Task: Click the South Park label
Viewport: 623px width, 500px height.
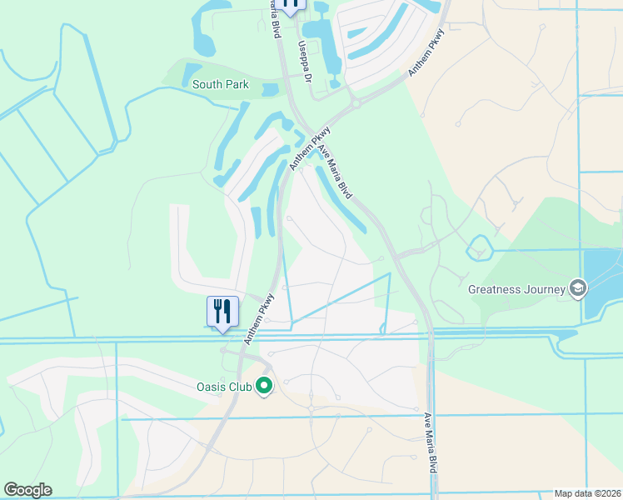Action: [221, 84]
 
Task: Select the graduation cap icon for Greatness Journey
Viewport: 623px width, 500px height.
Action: [577, 288]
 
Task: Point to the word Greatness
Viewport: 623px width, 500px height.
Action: [496, 290]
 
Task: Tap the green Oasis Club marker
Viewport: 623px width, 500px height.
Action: [265, 386]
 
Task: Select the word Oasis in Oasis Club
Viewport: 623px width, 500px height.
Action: [211, 386]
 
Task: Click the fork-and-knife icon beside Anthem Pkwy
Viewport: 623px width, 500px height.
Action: [222, 312]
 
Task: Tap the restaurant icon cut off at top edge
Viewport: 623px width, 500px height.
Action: [291, 4]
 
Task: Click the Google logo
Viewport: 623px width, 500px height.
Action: [27, 490]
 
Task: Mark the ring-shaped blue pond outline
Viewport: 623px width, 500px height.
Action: [479, 247]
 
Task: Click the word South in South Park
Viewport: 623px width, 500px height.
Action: [208, 84]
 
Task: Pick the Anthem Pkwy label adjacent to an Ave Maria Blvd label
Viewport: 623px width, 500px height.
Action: [310, 149]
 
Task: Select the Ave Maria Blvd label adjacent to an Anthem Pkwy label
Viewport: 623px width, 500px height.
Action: [332, 169]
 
